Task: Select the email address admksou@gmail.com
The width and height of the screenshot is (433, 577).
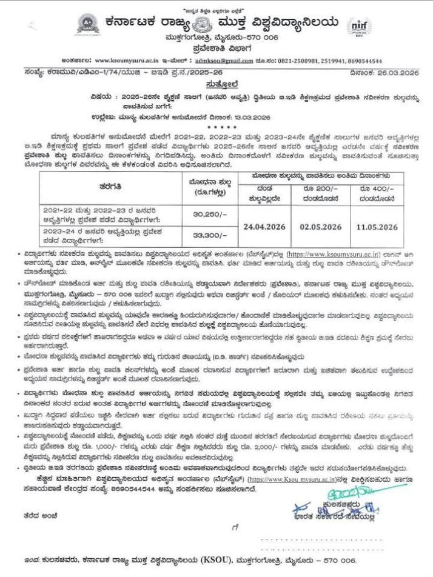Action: (x=224, y=61)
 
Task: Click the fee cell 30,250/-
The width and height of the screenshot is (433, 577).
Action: (x=207, y=213)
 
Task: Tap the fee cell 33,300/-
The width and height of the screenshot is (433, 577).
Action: (x=207, y=234)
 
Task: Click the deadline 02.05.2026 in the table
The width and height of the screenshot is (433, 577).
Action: (x=321, y=227)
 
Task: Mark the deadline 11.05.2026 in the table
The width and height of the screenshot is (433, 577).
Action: (x=377, y=227)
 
